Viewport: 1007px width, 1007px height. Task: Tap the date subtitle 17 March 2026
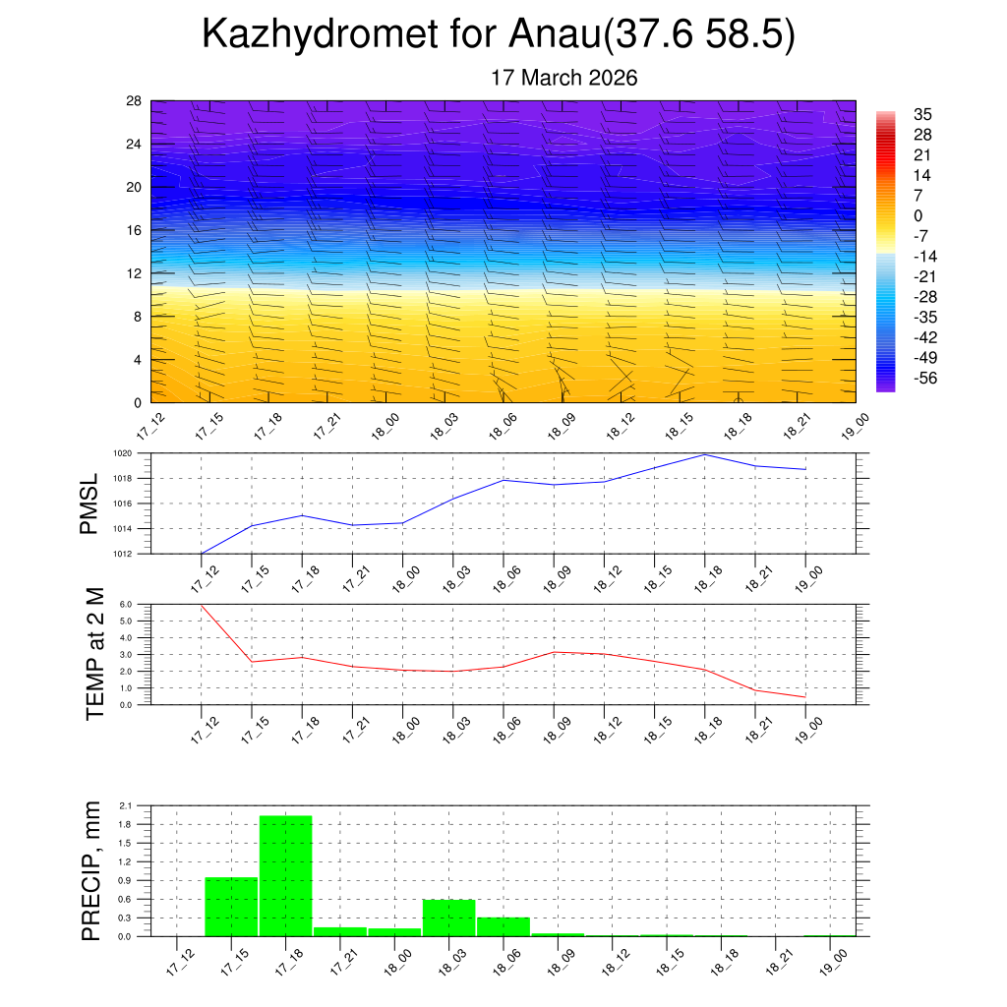pyautogui.click(x=564, y=78)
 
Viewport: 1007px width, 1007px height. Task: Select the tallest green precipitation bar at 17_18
pyautogui.click(x=285, y=875)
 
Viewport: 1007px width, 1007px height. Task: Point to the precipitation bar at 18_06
pyautogui.click(x=503, y=926)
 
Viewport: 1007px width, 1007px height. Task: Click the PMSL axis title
pyautogui.click(x=89, y=503)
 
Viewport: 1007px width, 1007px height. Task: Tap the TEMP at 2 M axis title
pyautogui.click(x=94, y=653)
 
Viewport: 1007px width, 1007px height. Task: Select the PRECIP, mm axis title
pyautogui.click(x=91, y=870)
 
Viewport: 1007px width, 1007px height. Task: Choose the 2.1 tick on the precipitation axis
pyautogui.click(x=125, y=805)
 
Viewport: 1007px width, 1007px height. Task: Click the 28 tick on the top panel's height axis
pyautogui.click(x=134, y=100)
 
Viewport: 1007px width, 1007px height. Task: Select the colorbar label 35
pyautogui.click(x=922, y=114)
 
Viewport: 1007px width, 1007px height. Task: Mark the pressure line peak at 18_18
pyautogui.click(x=705, y=454)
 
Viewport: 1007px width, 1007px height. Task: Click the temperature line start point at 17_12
pyautogui.click(x=201, y=605)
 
